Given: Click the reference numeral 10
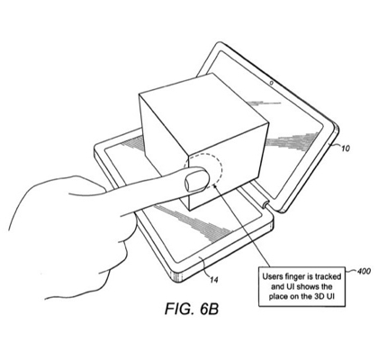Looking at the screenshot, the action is (x=346, y=148).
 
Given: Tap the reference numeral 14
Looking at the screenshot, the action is (x=214, y=280).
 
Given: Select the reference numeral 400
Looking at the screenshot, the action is (x=364, y=271).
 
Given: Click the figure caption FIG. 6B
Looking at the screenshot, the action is (x=192, y=309).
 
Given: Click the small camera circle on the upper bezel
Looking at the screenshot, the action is (x=272, y=83).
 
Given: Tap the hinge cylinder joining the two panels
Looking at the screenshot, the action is (x=265, y=204).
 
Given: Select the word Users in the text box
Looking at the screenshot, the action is (x=270, y=276).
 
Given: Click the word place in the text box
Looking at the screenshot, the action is (x=278, y=297).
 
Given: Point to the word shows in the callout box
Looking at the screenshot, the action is (x=305, y=286).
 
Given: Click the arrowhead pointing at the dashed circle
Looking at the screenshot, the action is (x=215, y=187).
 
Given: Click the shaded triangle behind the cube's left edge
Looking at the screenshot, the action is (x=132, y=143).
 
